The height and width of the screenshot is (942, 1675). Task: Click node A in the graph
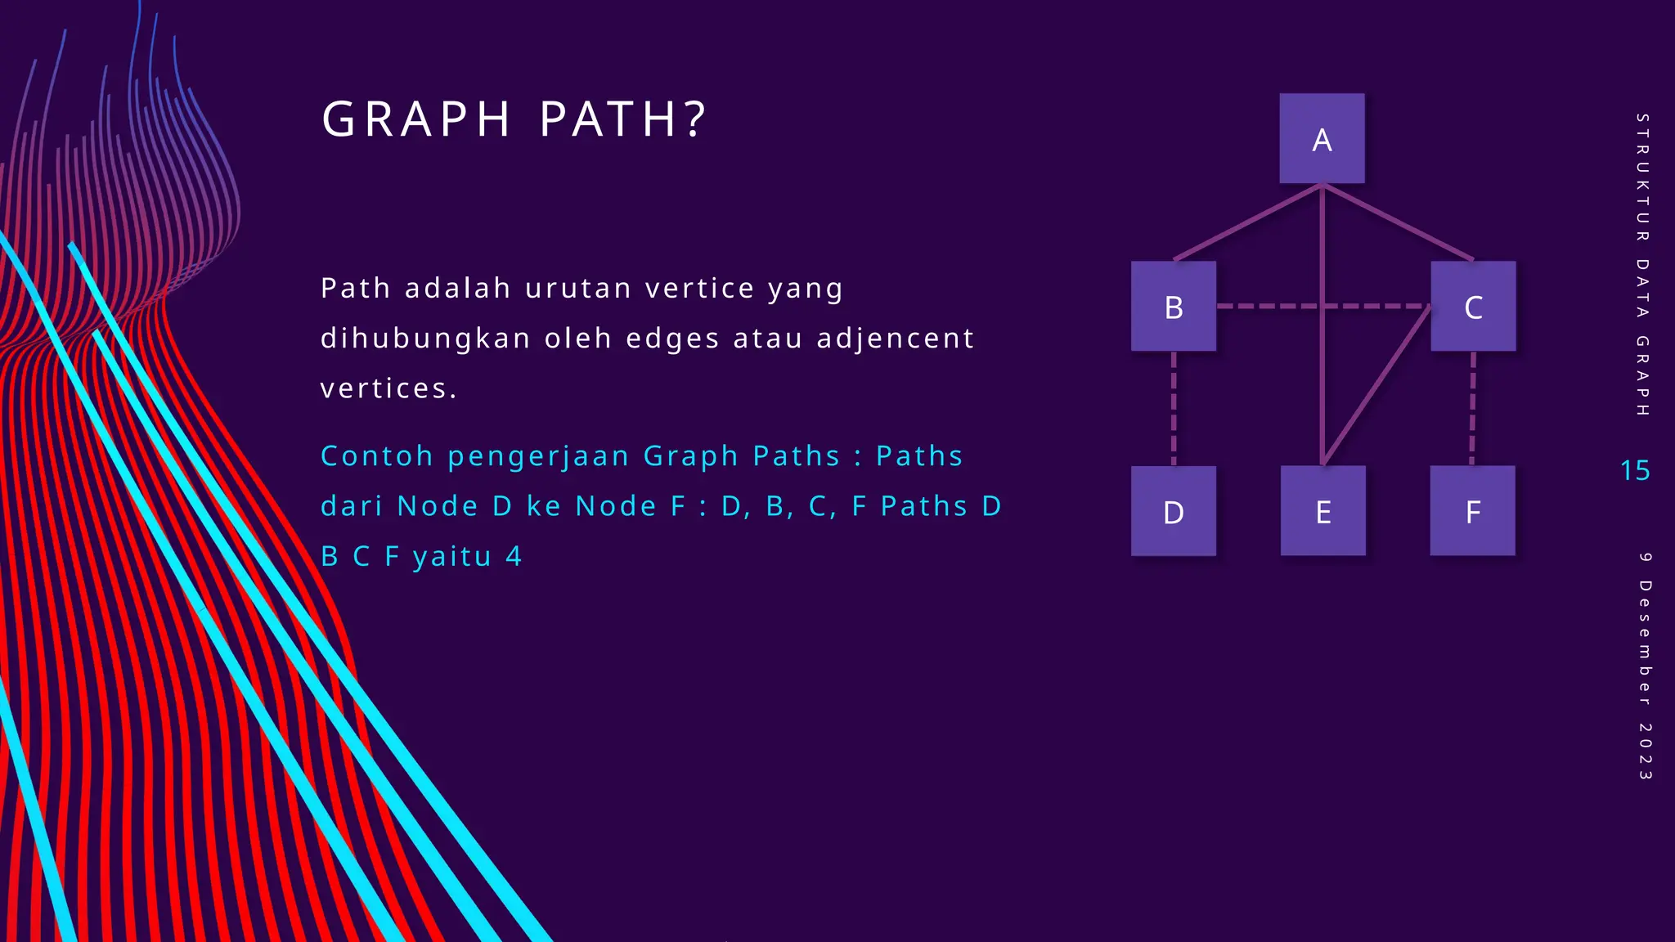point(1322,138)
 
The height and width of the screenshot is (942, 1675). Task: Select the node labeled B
point(1173,307)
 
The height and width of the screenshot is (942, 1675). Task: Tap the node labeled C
point(1472,307)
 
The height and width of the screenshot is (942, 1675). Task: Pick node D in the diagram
point(1173,511)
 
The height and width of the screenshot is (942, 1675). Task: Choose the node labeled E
point(1322,511)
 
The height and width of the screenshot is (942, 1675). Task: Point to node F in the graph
point(1472,511)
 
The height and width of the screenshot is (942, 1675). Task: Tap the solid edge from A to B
point(1247,223)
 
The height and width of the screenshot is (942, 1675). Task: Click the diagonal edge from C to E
point(1376,384)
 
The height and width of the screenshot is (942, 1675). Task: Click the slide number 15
point(1635,470)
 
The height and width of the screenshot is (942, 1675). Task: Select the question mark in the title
point(695,119)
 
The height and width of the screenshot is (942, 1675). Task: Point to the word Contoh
point(376,455)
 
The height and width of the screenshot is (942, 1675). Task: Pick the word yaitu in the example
point(452,557)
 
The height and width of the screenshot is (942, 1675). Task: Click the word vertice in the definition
point(700,289)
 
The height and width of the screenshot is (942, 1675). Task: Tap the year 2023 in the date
point(1645,751)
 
